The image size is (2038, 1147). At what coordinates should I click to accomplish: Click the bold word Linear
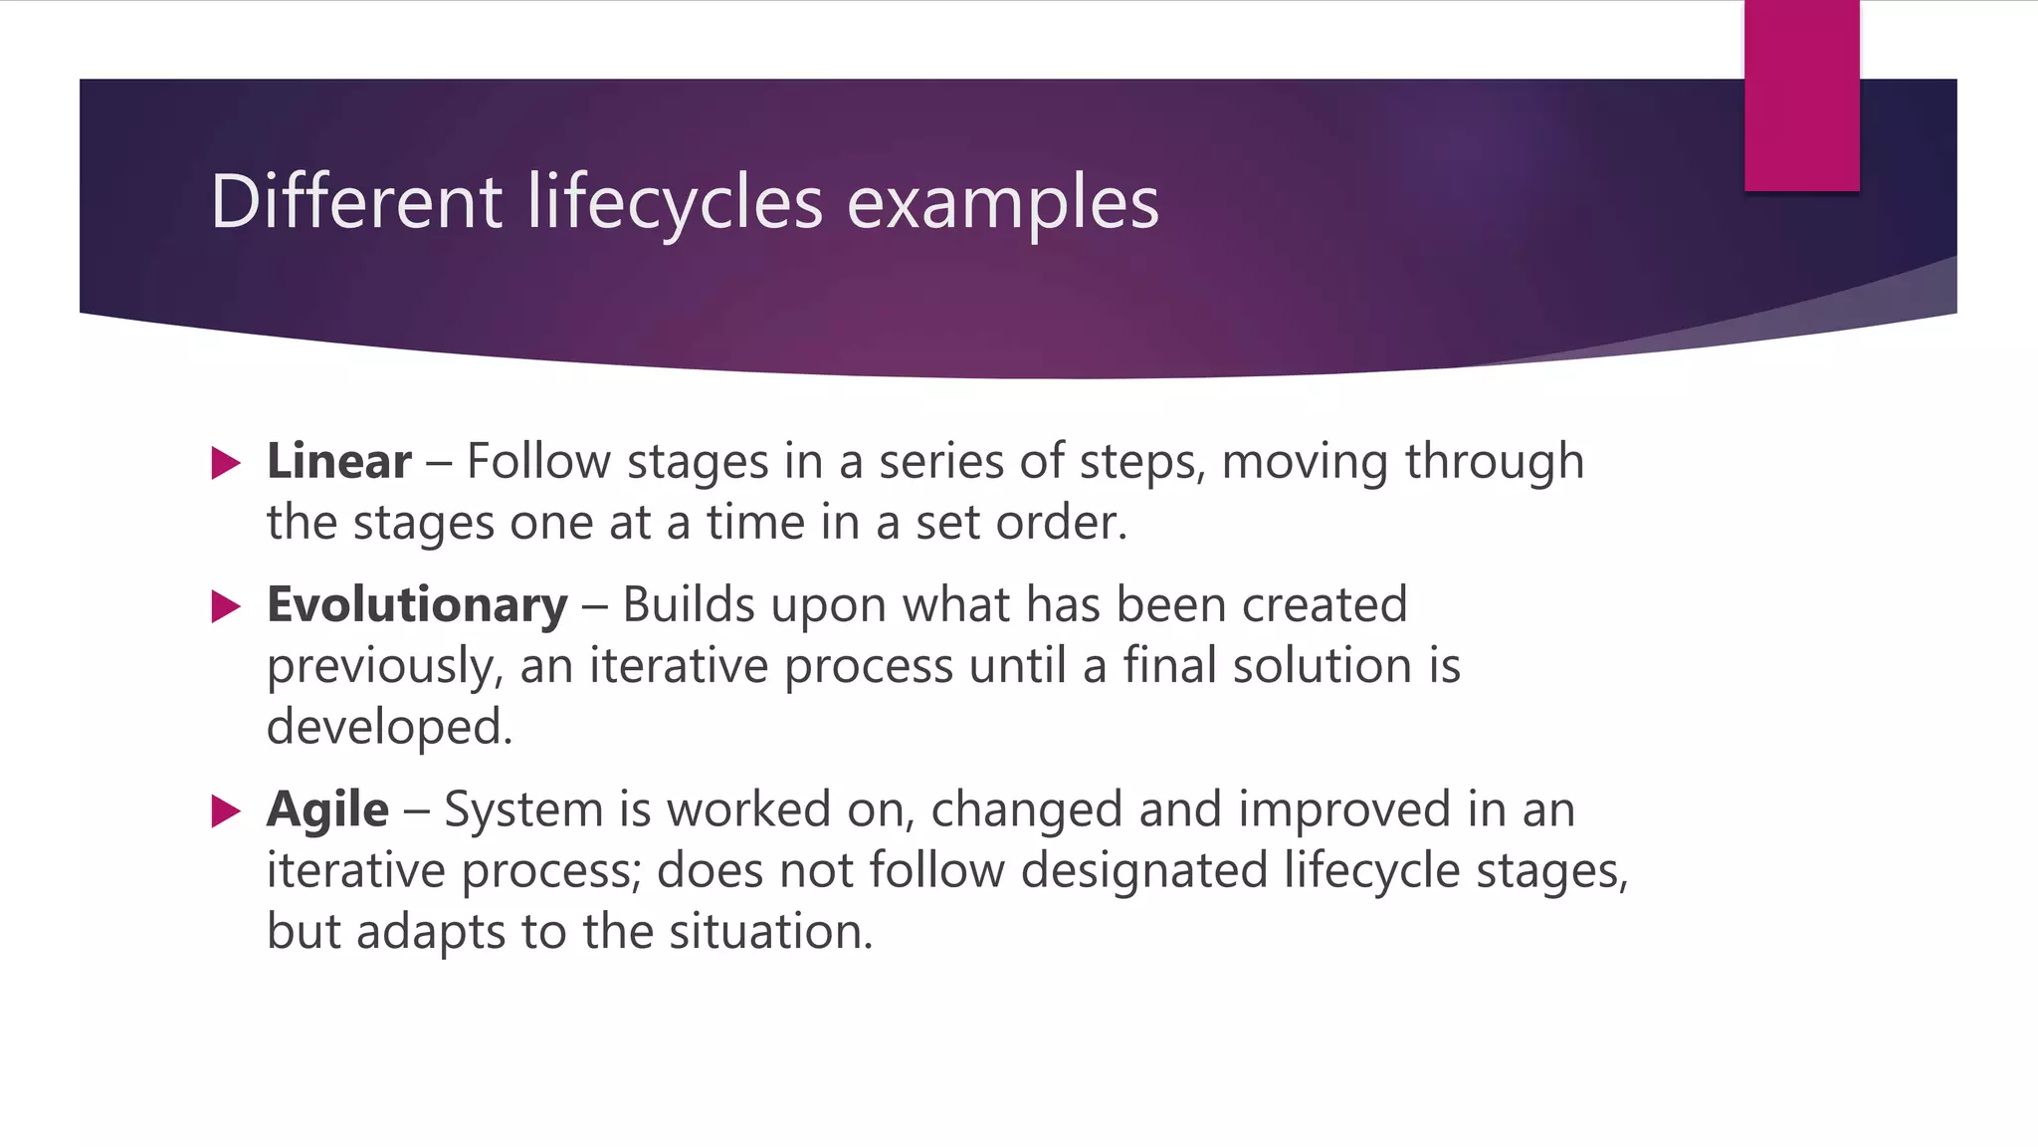(x=338, y=462)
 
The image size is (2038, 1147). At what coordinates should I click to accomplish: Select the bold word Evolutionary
(x=417, y=605)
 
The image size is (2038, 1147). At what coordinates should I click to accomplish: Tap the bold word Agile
(x=327, y=809)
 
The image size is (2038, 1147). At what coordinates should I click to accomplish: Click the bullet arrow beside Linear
(x=226, y=463)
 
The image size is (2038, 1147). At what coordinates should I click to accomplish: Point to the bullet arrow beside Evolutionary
(x=226, y=606)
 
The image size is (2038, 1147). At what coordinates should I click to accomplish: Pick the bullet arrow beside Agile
(x=226, y=811)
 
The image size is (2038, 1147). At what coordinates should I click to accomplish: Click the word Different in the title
(x=356, y=202)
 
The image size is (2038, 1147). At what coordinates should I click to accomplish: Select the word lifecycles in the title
(x=675, y=202)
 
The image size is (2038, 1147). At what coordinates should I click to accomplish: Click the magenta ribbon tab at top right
(x=1801, y=96)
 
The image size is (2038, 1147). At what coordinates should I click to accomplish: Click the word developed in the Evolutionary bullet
(x=388, y=728)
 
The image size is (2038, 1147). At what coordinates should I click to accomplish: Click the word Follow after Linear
(x=538, y=462)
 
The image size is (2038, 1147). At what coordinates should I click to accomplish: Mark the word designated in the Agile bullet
(x=1143, y=871)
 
